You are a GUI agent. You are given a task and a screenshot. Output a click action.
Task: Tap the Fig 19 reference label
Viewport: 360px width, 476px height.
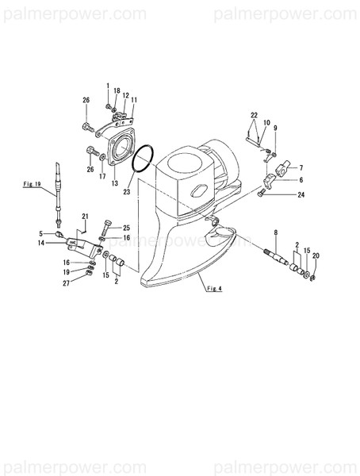click(x=33, y=184)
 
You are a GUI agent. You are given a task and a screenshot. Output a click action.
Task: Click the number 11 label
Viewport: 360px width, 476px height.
click(x=134, y=100)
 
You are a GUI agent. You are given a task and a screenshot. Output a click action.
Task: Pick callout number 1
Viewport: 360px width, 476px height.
click(x=108, y=85)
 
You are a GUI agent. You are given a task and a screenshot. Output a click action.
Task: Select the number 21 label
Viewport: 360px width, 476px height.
click(x=86, y=217)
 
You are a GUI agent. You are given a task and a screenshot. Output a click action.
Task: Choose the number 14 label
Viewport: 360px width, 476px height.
click(x=41, y=244)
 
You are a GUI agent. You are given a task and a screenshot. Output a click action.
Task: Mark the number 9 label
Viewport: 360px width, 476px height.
click(x=275, y=128)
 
